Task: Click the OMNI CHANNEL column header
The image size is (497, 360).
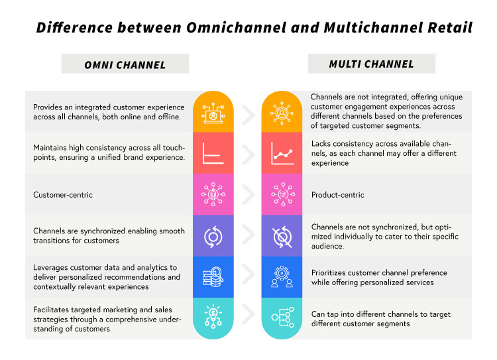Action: [x=125, y=65]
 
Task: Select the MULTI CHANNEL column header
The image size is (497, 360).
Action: [x=371, y=64]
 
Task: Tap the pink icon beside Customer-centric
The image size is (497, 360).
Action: [x=213, y=195]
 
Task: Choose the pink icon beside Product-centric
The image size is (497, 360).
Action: [x=282, y=195]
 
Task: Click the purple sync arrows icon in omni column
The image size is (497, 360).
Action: [x=213, y=236]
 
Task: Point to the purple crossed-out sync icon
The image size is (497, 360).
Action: [x=282, y=236]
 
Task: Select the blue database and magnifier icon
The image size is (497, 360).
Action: [x=213, y=278]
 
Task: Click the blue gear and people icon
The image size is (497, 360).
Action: [x=282, y=278]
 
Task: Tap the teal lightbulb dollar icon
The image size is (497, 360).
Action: [x=213, y=319]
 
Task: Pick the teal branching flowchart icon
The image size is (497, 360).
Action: [x=282, y=319]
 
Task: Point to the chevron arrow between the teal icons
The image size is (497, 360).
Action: [x=248, y=319]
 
